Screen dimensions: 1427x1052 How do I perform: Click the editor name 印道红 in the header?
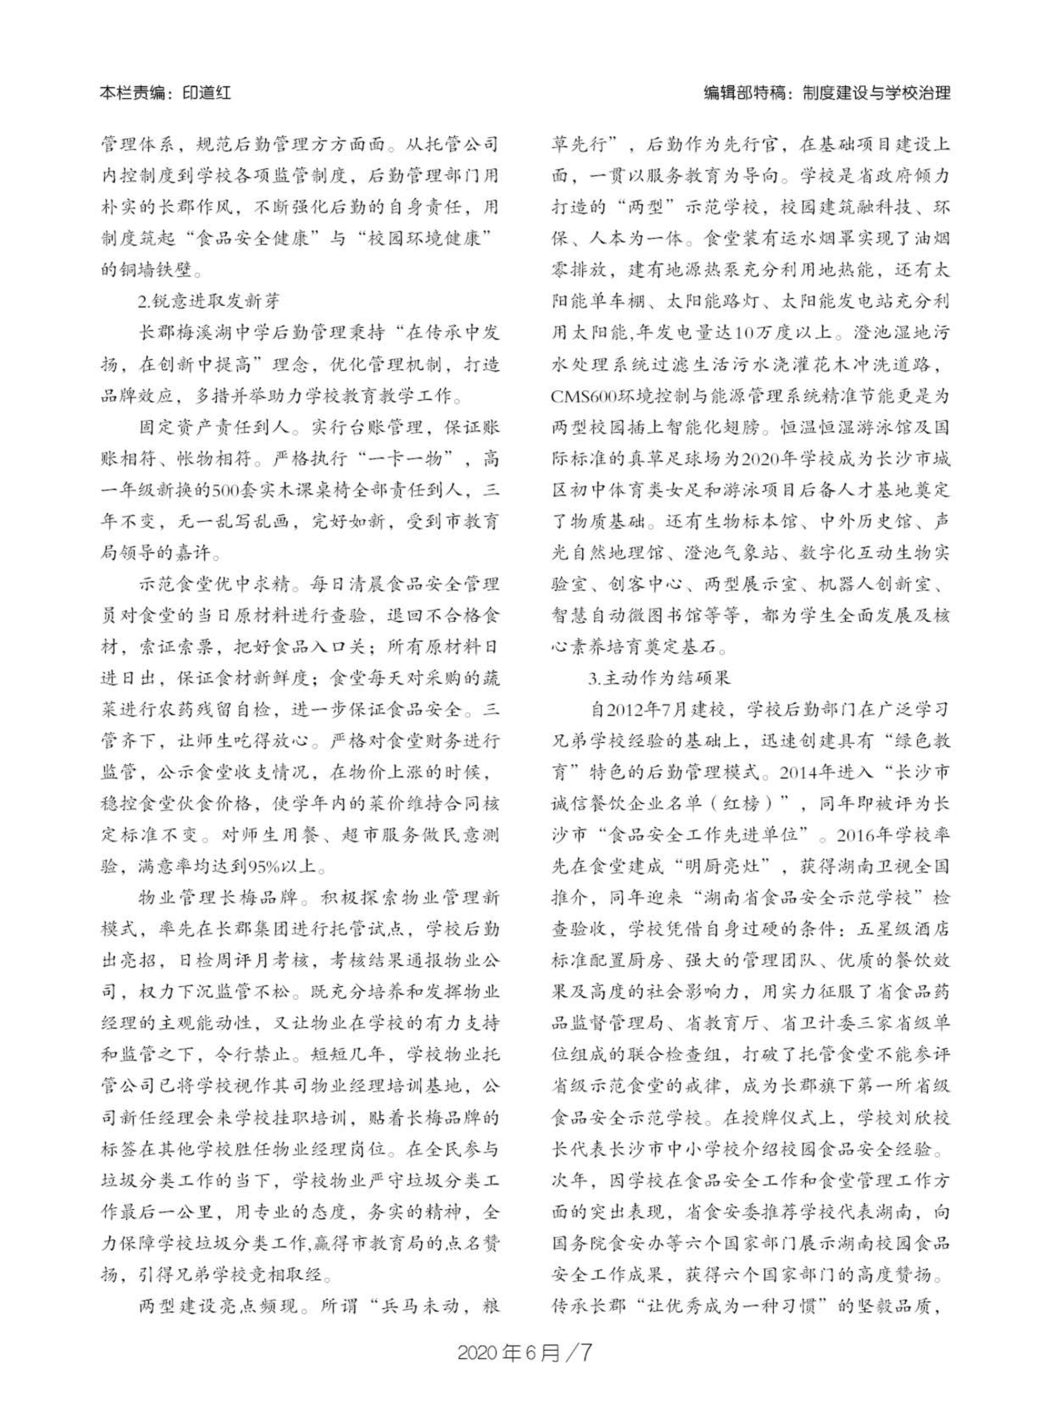click(206, 93)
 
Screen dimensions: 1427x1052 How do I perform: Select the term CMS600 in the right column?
click(584, 396)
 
